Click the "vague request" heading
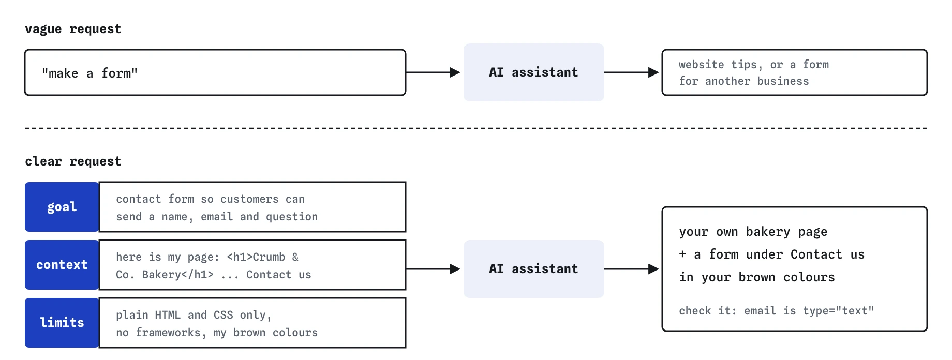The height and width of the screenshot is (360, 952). [x=73, y=29]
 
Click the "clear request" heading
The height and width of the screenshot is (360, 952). [x=73, y=161]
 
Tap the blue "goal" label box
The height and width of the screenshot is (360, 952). [x=62, y=207]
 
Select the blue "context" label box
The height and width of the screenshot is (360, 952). [x=62, y=265]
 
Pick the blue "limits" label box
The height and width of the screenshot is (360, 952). [x=62, y=323]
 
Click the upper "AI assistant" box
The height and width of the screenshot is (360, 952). [x=533, y=72]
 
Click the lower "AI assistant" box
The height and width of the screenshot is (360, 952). [x=533, y=269]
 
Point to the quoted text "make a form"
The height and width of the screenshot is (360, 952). [x=90, y=73]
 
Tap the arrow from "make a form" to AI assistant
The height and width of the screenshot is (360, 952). [x=433, y=72]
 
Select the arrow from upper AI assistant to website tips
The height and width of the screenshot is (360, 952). [x=632, y=72]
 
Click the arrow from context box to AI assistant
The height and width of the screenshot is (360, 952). [x=433, y=269]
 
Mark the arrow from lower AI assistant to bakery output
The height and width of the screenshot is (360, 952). [x=632, y=269]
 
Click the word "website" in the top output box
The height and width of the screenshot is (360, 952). [x=701, y=65]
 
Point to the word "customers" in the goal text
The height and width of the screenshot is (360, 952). [x=249, y=199]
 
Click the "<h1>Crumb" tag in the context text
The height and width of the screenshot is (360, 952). [x=256, y=257]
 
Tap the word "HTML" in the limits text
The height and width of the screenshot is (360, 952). [x=168, y=315]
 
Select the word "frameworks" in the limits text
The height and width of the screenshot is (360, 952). [x=168, y=333]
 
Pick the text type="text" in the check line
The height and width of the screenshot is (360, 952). [x=838, y=311]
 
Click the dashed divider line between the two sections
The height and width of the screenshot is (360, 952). [x=476, y=128]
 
